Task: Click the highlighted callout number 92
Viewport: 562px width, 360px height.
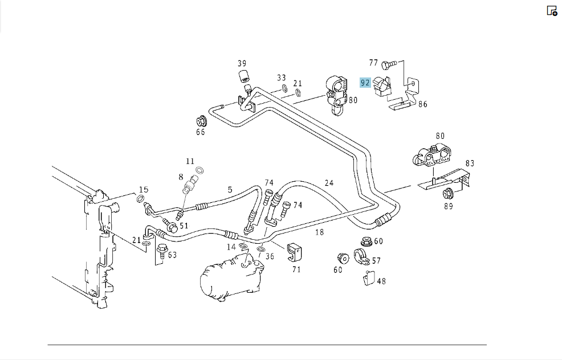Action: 365,83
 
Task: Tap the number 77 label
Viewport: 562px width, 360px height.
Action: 373,63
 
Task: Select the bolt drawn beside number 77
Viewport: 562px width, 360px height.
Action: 389,65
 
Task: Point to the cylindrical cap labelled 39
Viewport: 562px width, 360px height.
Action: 244,76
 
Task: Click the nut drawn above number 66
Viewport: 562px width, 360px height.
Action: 202,121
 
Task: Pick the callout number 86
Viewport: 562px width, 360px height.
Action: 422,104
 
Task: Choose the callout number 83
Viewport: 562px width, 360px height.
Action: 470,163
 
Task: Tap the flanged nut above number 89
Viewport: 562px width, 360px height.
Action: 447,194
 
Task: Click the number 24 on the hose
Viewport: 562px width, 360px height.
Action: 329,183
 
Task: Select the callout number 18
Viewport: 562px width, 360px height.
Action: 319,232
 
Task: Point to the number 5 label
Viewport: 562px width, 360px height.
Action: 230,190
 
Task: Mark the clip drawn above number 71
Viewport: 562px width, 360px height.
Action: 294,252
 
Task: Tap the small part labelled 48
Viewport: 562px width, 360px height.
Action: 369,278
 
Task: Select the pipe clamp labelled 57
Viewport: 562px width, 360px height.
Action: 361,256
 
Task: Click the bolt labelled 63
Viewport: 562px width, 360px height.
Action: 162,250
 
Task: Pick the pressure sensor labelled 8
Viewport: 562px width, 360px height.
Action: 190,184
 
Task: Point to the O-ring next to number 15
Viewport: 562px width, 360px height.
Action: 141,199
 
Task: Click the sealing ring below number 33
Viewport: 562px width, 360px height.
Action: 284,88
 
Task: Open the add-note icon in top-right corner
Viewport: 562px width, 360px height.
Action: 552,11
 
